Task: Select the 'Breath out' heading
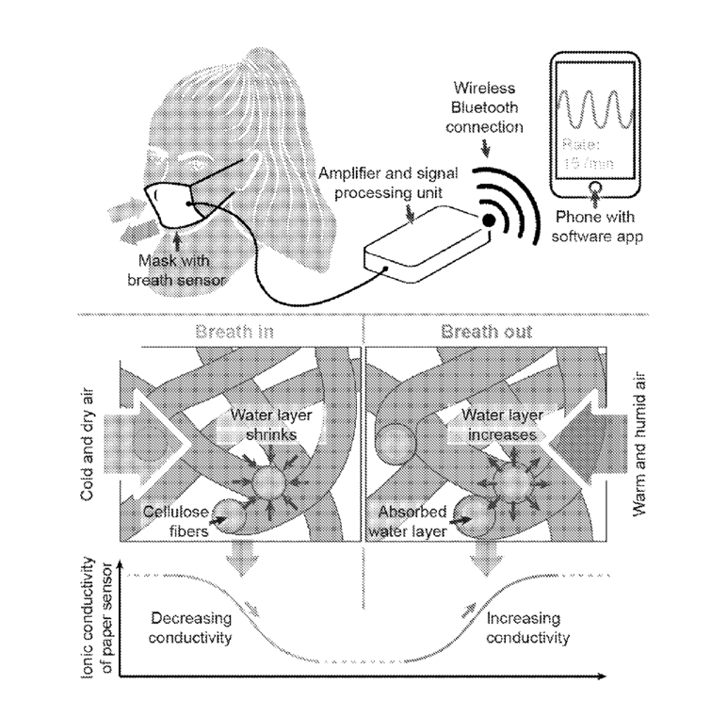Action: coord(486,332)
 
